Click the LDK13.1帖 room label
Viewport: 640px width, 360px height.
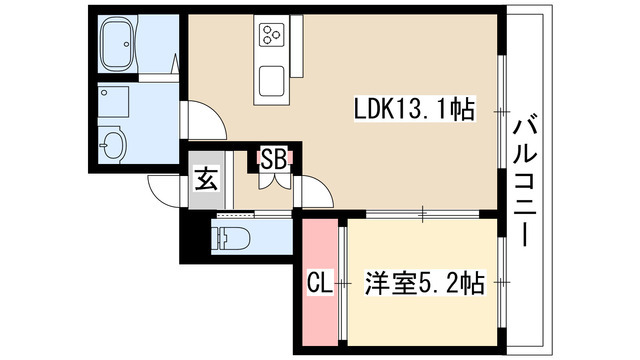pyautogui.click(x=412, y=108)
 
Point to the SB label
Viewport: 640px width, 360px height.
pyautogui.click(x=271, y=158)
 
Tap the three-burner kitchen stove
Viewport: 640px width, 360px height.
pyautogui.click(x=272, y=36)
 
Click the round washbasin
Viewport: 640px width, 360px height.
pyautogui.click(x=112, y=148)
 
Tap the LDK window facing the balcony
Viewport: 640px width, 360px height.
pyautogui.click(x=501, y=110)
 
